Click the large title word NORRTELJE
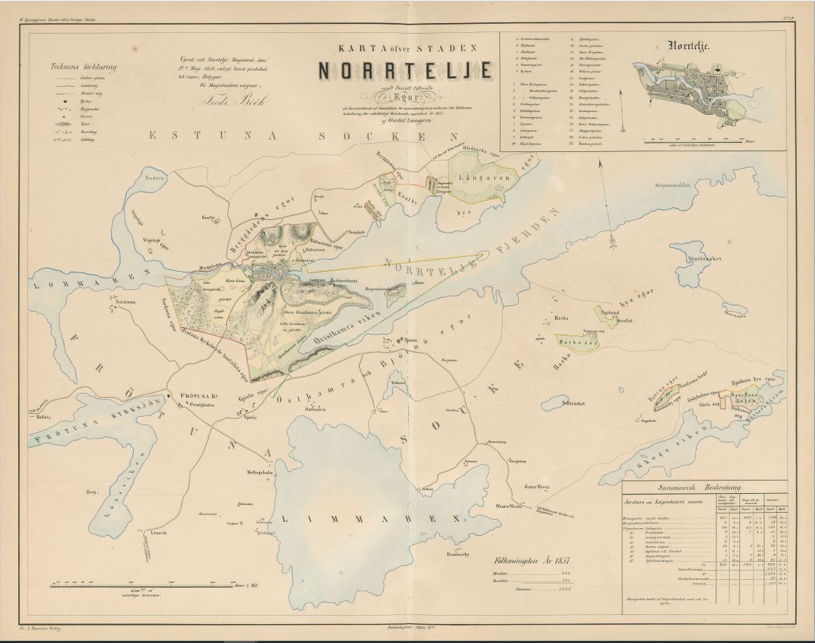(x=406, y=71)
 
